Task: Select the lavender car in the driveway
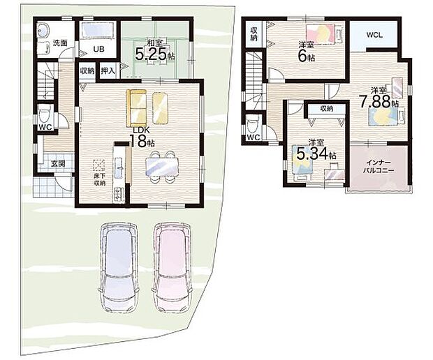pos(119,267)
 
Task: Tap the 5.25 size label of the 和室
pos(151,54)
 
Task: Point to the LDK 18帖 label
pos(142,137)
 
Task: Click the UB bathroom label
pos(98,50)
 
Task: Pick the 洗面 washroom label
pos(60,43)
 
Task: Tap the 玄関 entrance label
pos(58,163)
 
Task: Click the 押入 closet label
pos(108,71)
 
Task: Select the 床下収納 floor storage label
pos(99,179)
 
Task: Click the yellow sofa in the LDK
pos(136,108)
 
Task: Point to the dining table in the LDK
pos(162,167)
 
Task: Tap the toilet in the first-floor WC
pos(44,114)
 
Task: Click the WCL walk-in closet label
pos(374,35)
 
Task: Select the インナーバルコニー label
pos(379,165)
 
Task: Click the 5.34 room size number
pos(312,153)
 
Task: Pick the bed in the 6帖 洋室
pos(324,33)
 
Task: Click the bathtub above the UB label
pos(97,30)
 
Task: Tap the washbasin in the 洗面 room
pos(43,29)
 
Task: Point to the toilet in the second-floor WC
pos(253,125)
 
